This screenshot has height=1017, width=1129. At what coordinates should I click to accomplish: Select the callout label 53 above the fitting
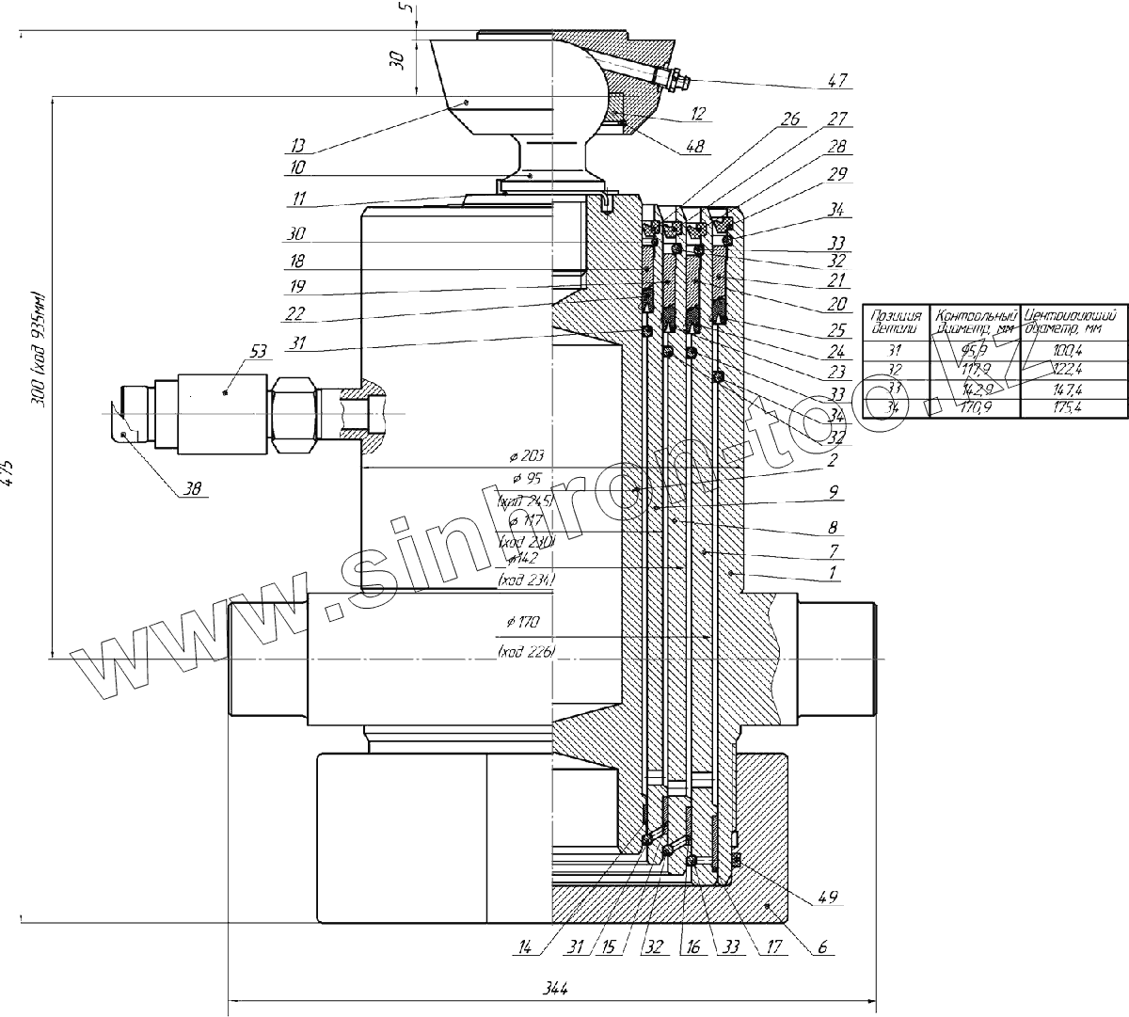pos(259,351)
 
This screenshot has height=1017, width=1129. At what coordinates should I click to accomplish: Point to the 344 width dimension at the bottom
pos(556,989)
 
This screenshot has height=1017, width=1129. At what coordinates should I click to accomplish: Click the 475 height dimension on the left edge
pos(9,470)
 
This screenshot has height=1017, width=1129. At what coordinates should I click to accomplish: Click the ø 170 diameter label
pos(524,623)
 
